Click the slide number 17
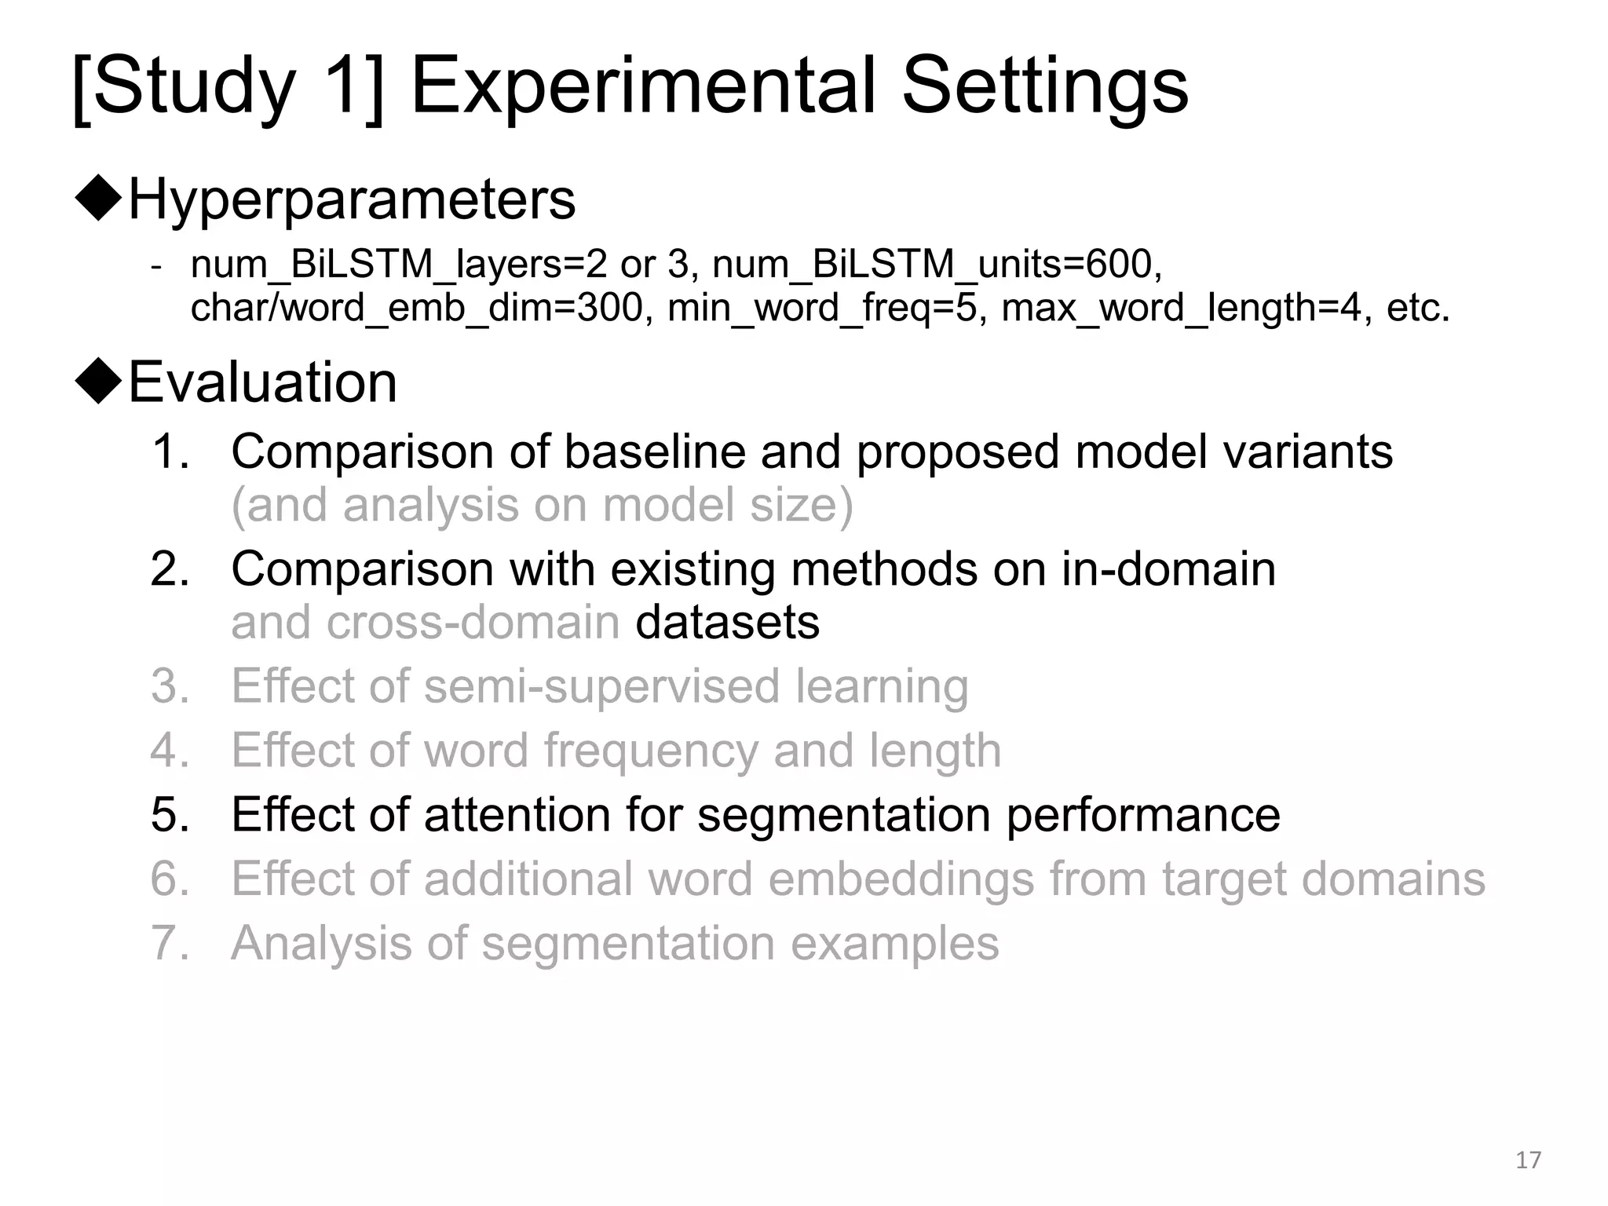pyautogui.click(x=1528, y=1160)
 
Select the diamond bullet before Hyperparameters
pyautogui.click(x=99, y=199)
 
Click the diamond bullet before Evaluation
pyautogui.click(x=99, y=382)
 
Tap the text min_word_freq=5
pyautogui.click(x=822, y=308)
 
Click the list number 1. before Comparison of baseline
pyautogui.click(x=170, y=452)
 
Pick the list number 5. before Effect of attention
pyautogui.click(x=170, y=814)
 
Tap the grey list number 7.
pyautogui.click(x=170, y=943)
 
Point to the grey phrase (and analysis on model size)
pyautogui.click(x=542, y=505)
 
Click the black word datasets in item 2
pyautogui.click(x=727, y=623)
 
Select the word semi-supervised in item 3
pyautogui.click(x=601, y=687)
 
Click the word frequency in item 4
pyautogui.click(x=651, y=751)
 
